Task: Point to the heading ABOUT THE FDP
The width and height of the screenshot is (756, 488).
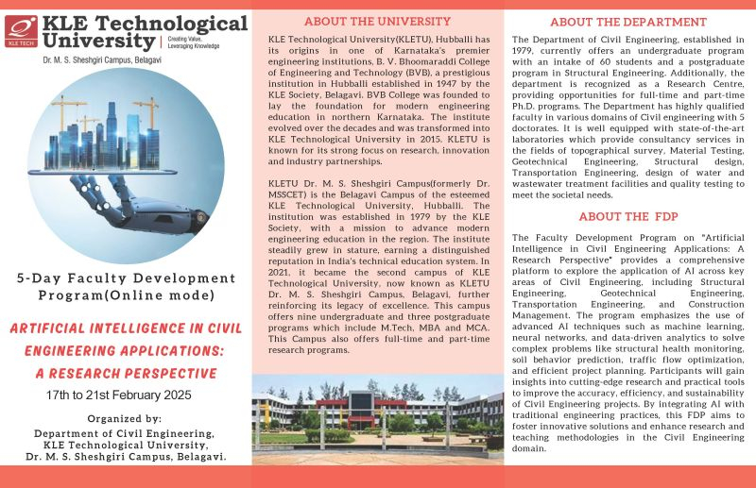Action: pyautogui.click(x=627, y=215)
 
